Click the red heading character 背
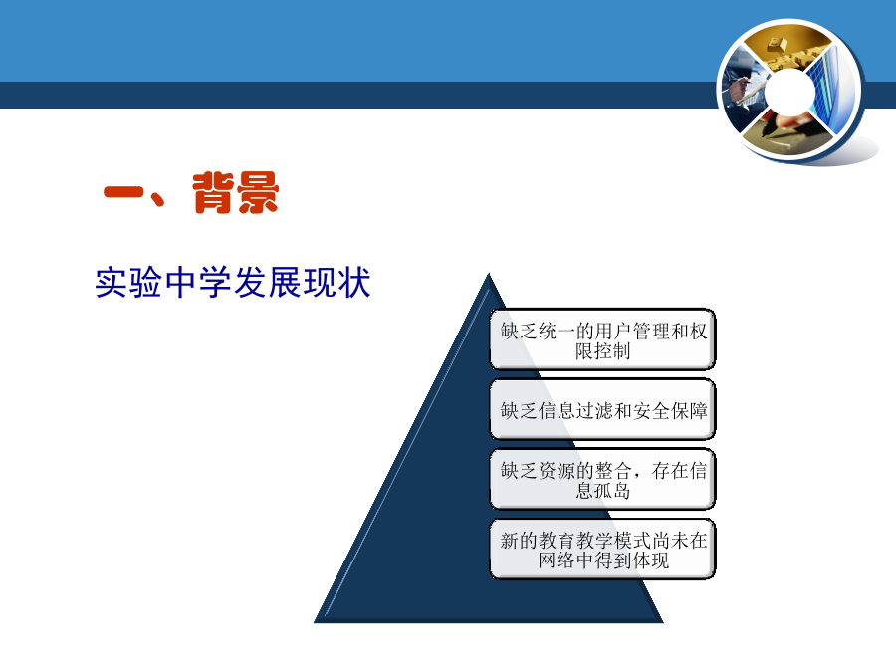click(214, 192)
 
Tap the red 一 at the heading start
click(123, 191)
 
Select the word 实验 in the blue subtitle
click(128, 283)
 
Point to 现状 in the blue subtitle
click(336, 283)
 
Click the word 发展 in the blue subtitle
click(268, 283)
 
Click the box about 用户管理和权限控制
click(603, 339)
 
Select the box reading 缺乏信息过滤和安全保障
click(603, 410)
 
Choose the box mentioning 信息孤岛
click(603, 480)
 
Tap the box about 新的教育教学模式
click(603, 550)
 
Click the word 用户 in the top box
click(612, 331)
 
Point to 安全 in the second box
click(651, 410)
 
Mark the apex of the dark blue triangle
click(489, 274)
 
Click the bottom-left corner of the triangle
click(315, 621)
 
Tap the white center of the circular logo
click(790, 92)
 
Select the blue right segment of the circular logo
click(833, 91)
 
